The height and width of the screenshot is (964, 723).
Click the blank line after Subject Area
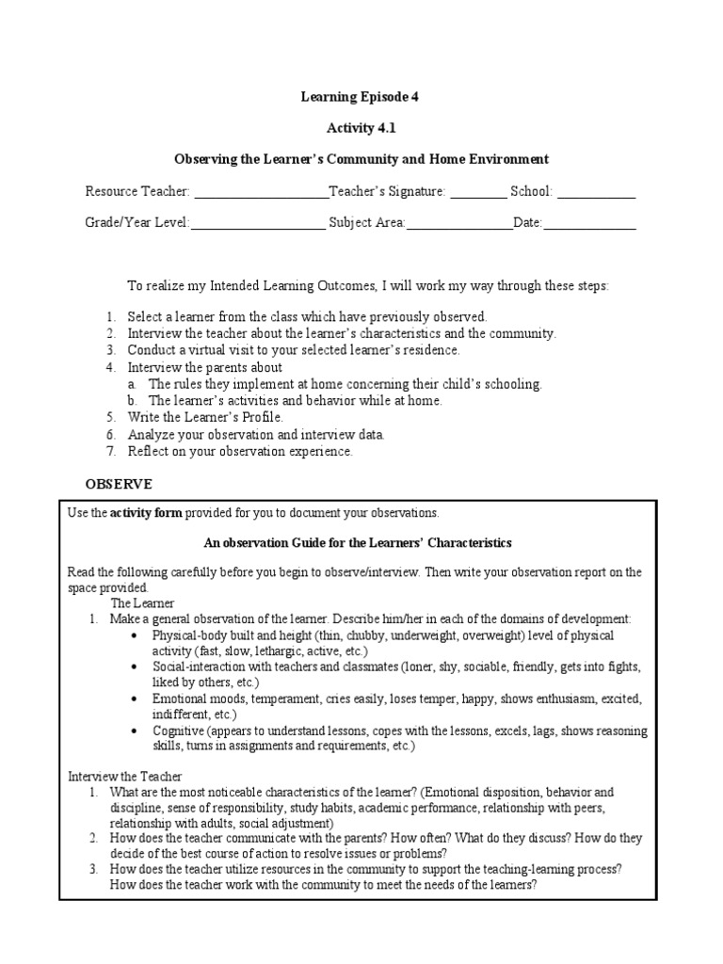pyautogui.click(x=458, y=224)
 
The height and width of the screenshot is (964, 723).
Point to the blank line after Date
pyautogui.click(x=589, y=224)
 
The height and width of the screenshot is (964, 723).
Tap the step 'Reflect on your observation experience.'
pyautogui.click(x=240, y=451)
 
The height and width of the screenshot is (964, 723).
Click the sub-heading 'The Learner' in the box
pyautogui.click(x=142, y=602)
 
